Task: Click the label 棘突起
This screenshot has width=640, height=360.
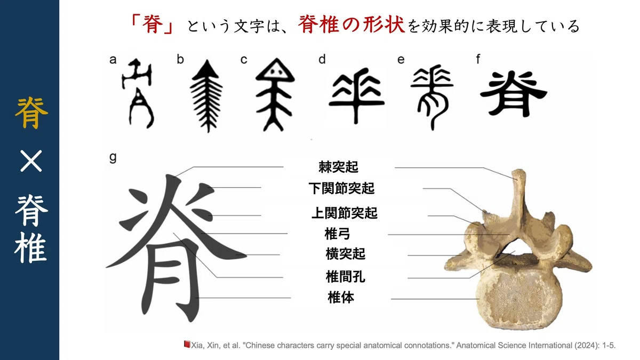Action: [338, 167]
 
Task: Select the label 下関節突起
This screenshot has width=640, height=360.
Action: [341, 188]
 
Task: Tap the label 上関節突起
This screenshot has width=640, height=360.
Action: [345, 213]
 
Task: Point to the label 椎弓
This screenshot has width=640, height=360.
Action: [337, 234]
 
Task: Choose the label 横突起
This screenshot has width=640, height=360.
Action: [346, 254]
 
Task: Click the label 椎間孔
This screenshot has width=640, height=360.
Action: [346, 277]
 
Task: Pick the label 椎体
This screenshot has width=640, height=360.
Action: [341, 298]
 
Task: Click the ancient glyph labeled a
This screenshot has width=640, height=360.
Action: [138, 93]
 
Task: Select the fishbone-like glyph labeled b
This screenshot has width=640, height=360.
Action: [206, 96]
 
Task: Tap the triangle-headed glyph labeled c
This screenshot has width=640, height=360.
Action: [275, 94]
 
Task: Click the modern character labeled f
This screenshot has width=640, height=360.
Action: [514, 94]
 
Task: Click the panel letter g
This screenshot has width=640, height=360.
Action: [113, 157]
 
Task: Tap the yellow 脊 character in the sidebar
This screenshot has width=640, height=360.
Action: [31, 113]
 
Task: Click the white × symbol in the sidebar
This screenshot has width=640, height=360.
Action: [31, 161]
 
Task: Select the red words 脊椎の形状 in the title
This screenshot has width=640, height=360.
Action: [351, 25]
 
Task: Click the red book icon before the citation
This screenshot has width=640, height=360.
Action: [187, 345]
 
